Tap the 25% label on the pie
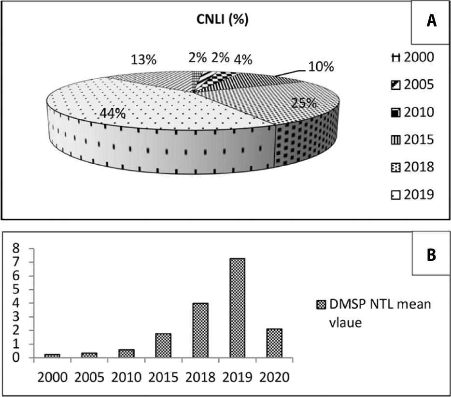[x=303, y=103]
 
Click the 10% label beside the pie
[x=321, y=67]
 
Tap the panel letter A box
[x=431, y=23]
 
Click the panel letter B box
[x=431, y=255]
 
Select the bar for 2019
[x=237, y=308]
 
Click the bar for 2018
[x=200, y=330]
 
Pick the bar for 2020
[x=274, y=343]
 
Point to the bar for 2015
[x=163, y=346]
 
